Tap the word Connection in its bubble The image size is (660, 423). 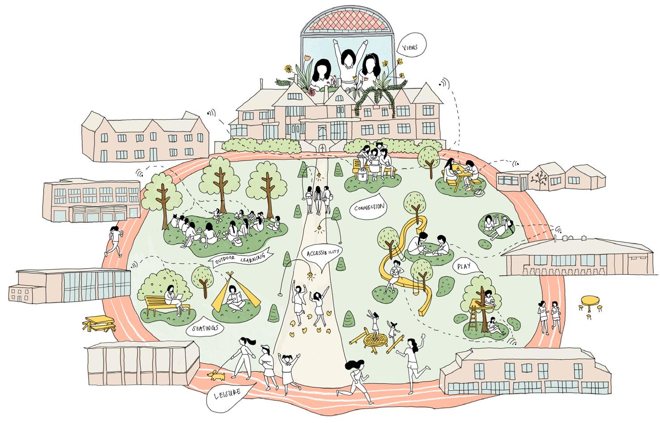coord(368,208)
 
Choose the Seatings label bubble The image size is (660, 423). coord(205,328)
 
